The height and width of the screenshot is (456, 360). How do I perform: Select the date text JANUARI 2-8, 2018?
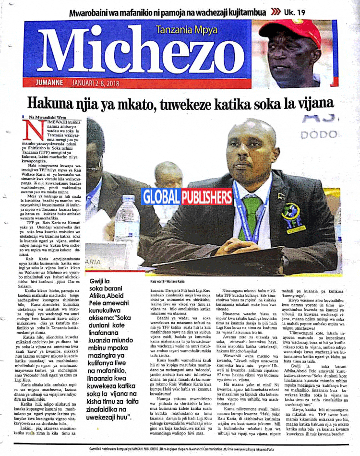[x=101, y=83]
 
